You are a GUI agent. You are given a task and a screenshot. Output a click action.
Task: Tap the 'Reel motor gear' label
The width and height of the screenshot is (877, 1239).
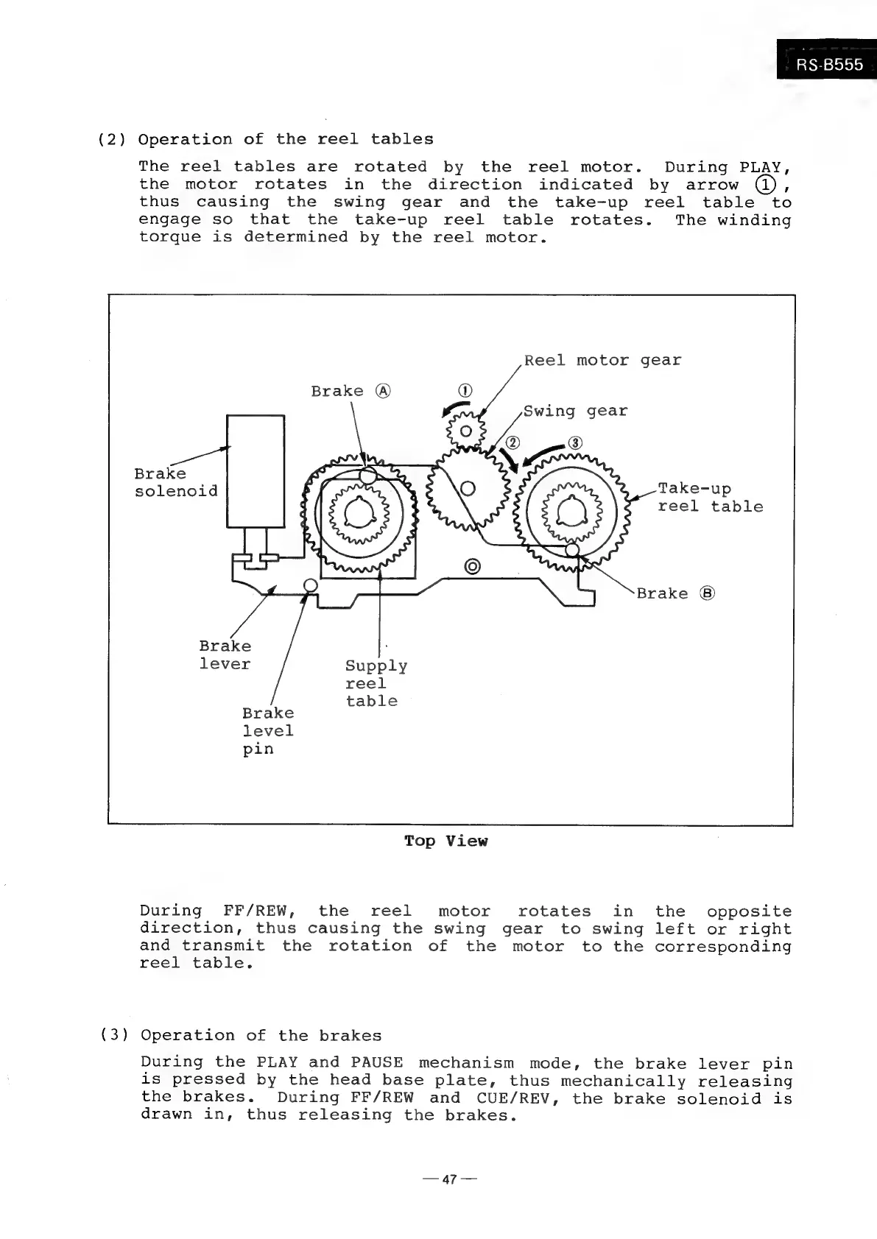coord(602,360)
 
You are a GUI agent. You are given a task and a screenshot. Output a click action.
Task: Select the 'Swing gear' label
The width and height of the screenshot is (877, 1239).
coord(575,411)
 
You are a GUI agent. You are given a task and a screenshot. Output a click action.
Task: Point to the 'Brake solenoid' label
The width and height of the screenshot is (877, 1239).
coord(175,482)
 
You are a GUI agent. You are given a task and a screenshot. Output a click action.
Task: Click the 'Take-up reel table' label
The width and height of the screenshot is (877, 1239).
coord(709,498)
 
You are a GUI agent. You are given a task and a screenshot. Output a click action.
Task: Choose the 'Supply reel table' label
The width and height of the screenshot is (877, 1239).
coord(375,683)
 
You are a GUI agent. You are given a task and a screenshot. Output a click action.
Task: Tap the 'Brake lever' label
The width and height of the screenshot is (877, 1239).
coord(225,654)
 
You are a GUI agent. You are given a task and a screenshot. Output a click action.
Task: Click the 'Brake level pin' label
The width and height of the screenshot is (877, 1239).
coord(267,730)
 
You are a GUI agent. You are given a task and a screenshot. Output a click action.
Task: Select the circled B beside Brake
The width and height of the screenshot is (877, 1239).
coord(707,593)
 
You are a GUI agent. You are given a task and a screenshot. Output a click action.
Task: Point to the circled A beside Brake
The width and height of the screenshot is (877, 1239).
coord(381,391)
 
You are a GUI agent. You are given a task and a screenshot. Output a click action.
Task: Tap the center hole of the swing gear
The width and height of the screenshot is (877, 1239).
coord(467,488)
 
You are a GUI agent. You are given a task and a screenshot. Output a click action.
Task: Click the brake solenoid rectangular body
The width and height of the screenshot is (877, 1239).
coord(256,471)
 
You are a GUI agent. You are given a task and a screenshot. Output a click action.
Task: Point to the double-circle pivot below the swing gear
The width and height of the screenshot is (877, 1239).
coord(472,566)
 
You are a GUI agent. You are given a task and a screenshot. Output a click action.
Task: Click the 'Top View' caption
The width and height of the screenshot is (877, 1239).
coord(445,841)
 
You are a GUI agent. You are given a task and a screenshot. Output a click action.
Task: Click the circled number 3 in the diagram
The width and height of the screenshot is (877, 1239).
coord(576,442)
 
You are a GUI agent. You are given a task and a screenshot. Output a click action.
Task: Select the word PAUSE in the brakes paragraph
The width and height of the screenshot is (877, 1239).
coord(377,1062)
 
